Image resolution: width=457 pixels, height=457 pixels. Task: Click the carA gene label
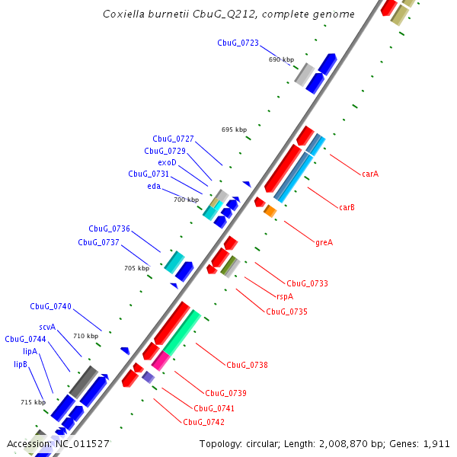[370, 174]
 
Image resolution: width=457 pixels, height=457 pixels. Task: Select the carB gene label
[347, 207]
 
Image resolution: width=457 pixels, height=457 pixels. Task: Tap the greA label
[324, 242]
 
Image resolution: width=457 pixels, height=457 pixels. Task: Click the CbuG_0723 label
[238, 43]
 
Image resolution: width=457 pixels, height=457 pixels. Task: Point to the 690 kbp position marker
[281, 59]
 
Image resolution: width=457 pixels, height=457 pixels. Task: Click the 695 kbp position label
[234, 129]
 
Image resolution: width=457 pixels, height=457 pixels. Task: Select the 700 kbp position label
[186, 200]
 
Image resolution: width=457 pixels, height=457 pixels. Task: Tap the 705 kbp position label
[137, 268]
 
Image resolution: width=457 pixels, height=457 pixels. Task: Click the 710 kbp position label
[86, 336]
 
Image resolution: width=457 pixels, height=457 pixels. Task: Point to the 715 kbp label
[33, 401]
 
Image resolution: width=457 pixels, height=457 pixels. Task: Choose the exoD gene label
[167, 162]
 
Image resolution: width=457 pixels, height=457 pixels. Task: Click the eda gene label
[154, 185]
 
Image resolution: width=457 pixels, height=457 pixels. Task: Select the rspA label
[284, 297]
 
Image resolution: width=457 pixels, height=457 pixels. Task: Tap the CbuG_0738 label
[247, 365]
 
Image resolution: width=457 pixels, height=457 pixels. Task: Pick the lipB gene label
[21, 364]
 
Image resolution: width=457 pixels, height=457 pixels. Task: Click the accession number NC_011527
[81, 443]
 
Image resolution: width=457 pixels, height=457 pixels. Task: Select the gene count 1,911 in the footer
[436, 443]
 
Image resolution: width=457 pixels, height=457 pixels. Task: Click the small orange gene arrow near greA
[270, 210]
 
